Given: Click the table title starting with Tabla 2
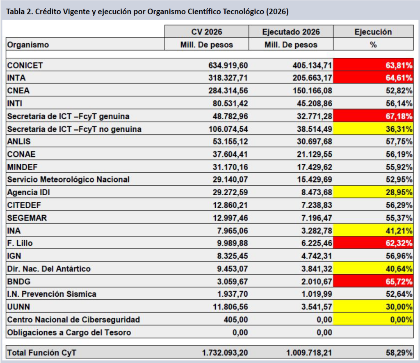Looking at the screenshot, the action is (x=147, y=12).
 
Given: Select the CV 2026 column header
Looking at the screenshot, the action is (x=207, y=32).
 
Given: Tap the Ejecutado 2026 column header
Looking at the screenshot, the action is (x=291, y=32).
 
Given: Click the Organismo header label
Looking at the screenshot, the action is (x=28, y=45).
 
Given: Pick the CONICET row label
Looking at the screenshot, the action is (x=25, y=65).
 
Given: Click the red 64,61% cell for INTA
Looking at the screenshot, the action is (x=373, y=78).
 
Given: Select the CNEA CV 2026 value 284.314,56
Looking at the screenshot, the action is (x=228, y=90).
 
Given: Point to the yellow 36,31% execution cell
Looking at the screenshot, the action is (x=373, y=129).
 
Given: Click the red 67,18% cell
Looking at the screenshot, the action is (x=373, y=116).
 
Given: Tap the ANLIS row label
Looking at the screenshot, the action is (x=19, y=142).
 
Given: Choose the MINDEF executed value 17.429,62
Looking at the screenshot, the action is (x=315, y=167).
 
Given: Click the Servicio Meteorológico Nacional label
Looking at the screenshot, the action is (x=68, y=179).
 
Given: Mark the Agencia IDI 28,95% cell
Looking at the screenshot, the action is (x=373, y=192).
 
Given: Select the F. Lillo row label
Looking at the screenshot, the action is (x=20, y=243).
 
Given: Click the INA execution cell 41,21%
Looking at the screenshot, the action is (x=373, y=230).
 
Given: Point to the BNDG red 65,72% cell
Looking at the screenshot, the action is (x=373, y=282).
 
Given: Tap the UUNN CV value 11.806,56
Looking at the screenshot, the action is (x=231, y=307).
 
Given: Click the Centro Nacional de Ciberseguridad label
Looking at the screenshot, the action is (x=74, y=320).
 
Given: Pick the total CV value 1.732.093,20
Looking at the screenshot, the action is (x=225, y=353).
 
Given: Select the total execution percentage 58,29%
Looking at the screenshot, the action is (x=399, y=353).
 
